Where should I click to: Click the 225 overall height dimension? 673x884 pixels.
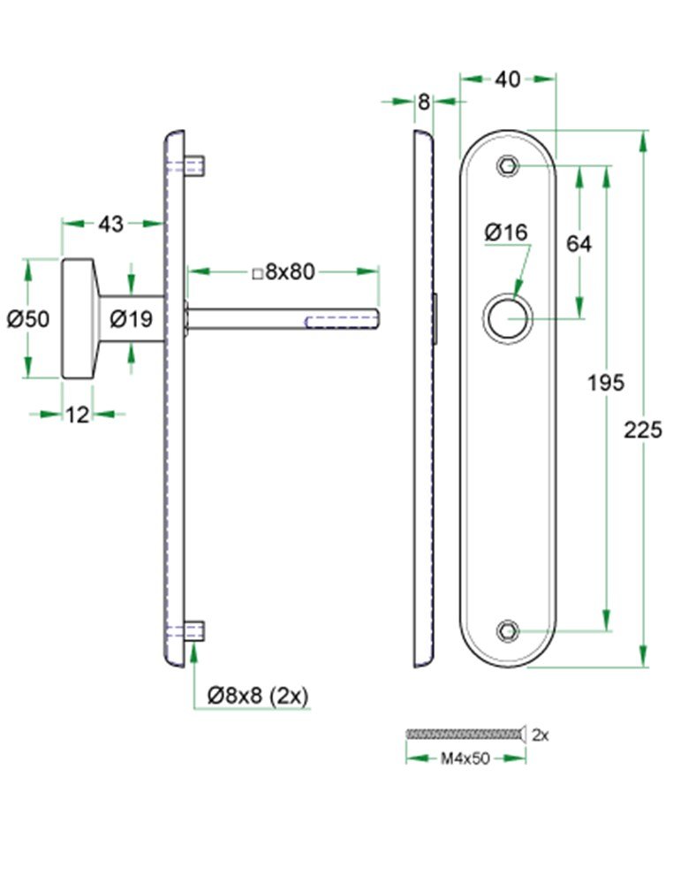(x=642, y=431)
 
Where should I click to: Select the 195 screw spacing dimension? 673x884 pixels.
(x=606, y=383)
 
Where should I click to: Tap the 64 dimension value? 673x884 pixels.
(x=579, y=244)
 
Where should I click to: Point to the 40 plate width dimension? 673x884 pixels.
(x=507, y=80)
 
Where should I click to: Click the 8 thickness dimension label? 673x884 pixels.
(x=424, y=103)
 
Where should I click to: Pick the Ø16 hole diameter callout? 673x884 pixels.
(x=506, y=232)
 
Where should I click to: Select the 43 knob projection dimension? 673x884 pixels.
(x=110, y=225)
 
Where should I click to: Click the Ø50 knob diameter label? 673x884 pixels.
(x=29, y=319)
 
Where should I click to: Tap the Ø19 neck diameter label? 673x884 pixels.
(x=132, y=319)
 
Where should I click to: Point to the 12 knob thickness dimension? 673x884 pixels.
(x=78, y=414)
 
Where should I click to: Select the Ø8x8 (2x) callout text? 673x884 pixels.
(x=257, y=696)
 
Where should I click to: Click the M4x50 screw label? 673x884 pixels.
(x=465, y=758)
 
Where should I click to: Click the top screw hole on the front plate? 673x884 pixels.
(x=507, y=165)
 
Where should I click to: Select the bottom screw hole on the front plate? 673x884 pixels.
(x=507, y=631)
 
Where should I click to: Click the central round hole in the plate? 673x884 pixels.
(x=506, y=319)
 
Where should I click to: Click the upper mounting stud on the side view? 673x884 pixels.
(x=195, y=165)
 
